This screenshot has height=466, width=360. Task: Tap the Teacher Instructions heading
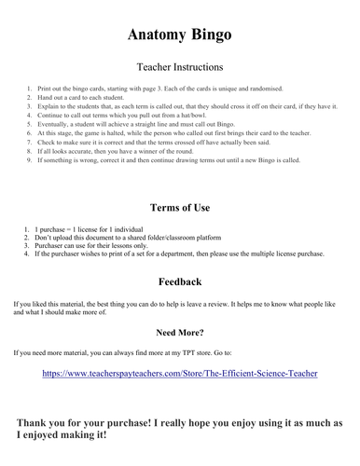coord(179,67)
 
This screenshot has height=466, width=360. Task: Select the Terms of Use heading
coord(179,207)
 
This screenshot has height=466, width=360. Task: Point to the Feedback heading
coord(179,281)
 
